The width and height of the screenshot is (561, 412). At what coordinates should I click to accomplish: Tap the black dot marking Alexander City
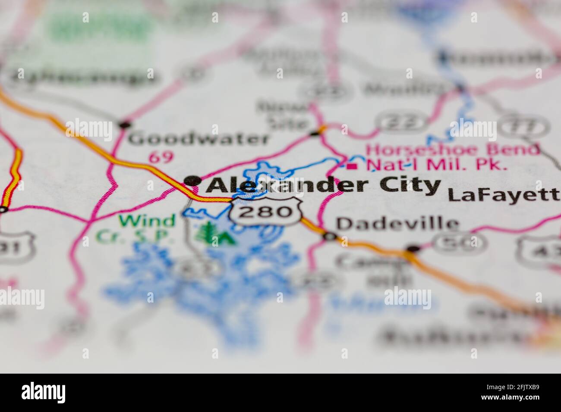point(192,181)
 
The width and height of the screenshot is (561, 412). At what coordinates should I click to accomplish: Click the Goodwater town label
point(199,139)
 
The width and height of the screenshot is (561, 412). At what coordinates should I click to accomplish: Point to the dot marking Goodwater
point(125,125)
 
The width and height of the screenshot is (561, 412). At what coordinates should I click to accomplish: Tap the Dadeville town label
point(397,223)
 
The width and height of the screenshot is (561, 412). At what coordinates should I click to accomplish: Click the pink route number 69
point(161,157)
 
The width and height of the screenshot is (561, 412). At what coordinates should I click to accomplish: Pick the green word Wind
point(148,221)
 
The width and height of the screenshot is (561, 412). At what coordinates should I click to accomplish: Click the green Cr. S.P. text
point(135,237)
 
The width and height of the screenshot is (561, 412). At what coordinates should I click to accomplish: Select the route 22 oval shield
point(402,122)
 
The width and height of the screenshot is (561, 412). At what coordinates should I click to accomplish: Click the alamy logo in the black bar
point(44,393)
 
